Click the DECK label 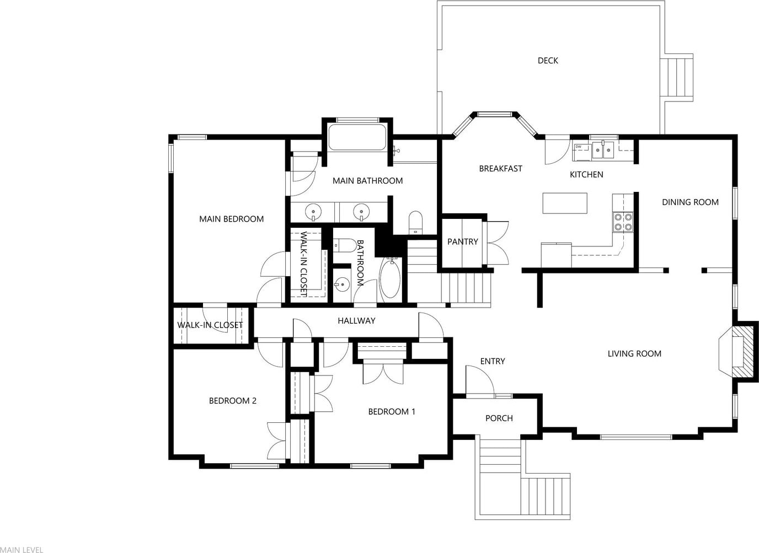click(548, 61)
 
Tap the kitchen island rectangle click(565, 203)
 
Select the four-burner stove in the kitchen click(623, 222)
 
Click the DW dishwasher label click(579, 147)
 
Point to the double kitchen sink click(603, 151)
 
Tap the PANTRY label click(462, 242)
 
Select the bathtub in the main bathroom click(357, 137)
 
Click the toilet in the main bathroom click(415, 223)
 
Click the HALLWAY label click(356, 321)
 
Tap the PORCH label click(499, 418)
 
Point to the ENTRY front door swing click(479, 380)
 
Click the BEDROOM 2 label click(233, 401)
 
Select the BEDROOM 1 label click(392, 412)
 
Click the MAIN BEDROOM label click(232, 219)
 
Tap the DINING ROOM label click(690, 202)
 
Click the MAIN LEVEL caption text click(22, 550)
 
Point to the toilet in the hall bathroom click(344, 245)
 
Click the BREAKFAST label click(500, 169)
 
